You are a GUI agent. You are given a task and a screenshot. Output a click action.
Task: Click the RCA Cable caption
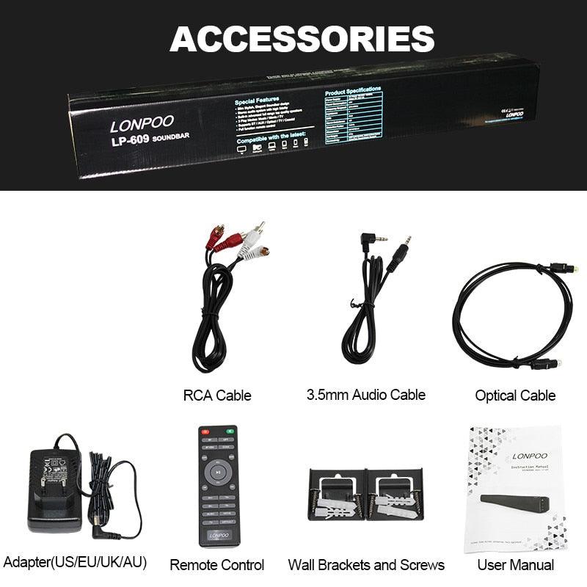(217, 395)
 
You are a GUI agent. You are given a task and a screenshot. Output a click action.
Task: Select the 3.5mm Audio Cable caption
(365, 395)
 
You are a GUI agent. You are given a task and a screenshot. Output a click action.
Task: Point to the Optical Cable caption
(515, 395)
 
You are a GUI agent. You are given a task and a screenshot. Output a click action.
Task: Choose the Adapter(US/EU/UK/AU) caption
(75, 563)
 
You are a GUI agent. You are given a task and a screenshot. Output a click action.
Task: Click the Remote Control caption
(217, 565)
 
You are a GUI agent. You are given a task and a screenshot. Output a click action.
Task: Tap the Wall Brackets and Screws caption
(366, 565)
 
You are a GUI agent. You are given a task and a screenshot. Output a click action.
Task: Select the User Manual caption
(515, 565)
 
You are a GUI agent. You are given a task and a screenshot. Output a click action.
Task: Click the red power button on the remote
(205, 431)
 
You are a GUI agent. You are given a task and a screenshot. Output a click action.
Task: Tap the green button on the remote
(231, 431)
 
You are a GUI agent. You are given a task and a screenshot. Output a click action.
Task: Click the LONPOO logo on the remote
(219, 536)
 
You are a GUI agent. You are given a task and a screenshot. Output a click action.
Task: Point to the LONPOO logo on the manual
(530, 456)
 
